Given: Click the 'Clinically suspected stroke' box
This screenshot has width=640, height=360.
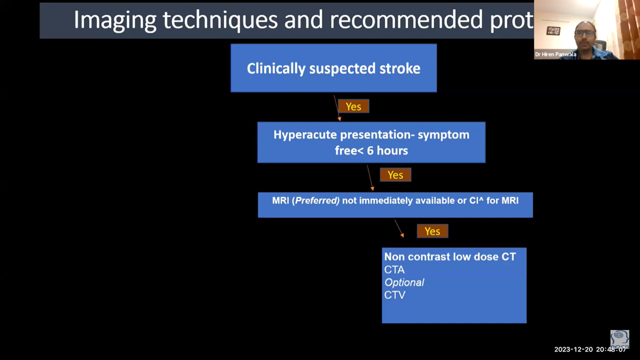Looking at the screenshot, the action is click(333, 68).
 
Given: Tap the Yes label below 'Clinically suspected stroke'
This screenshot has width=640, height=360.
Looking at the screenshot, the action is click(353, 106).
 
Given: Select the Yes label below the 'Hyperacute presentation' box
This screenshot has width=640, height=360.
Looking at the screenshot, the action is click(395, 174).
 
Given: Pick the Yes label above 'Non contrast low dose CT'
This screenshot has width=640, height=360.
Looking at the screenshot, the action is click(432, 231).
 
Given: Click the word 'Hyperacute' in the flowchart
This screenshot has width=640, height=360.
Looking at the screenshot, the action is click(305, 135).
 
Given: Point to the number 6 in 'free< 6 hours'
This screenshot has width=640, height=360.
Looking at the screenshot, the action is click(370, 150).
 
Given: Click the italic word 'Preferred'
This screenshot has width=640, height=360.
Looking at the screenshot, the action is click(317, 200).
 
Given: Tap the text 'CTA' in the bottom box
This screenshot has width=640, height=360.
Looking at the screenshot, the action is click(394, 269).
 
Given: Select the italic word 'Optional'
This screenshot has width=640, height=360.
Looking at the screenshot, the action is click(404, 282).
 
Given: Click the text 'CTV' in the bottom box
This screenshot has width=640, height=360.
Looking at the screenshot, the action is click(394, 295).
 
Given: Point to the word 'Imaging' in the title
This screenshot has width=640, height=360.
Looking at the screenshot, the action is click(115, 20).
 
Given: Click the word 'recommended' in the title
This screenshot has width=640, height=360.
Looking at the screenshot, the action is click(406, 19).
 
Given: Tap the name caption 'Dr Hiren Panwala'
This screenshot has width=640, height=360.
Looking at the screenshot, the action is click(555, 54).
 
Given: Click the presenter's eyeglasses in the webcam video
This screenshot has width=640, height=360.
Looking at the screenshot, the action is click(584, 33).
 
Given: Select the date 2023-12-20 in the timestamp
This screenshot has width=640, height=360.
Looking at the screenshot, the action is click(573, 349).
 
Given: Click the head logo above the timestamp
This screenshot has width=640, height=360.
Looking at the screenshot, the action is click(619, 339).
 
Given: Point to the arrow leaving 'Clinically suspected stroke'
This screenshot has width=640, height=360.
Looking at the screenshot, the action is click(337, 108).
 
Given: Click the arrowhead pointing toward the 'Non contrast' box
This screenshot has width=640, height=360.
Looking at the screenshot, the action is click(402, 235).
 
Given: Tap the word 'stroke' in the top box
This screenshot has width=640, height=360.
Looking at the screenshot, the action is click(399, 68).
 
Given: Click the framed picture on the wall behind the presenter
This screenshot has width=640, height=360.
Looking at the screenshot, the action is click(553, 30).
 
